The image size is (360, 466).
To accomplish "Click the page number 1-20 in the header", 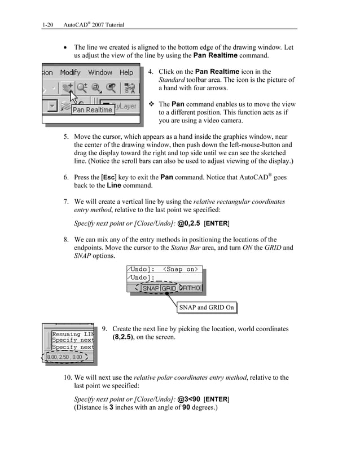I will [x=47, y=25].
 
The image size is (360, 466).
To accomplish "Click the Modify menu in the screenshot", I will [x=71, y=72].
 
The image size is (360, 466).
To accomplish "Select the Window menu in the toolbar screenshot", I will [x=100, y=72].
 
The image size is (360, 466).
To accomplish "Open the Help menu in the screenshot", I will [x=126, y=72].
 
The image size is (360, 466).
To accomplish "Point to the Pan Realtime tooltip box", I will [x=92, y=110].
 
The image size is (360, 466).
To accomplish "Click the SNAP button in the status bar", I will [x=151, y=288].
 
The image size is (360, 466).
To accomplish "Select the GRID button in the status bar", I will [x=169, y=288].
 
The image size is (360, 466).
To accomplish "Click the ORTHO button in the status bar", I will [x=190, y=288].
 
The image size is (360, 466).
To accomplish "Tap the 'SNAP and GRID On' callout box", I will [x=206, y=307].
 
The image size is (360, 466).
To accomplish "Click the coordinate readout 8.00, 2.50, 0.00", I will [x=64, y=357].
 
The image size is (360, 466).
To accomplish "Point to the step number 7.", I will [x=65, y=201].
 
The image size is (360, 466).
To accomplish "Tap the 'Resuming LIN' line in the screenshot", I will [x=72, y=334].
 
